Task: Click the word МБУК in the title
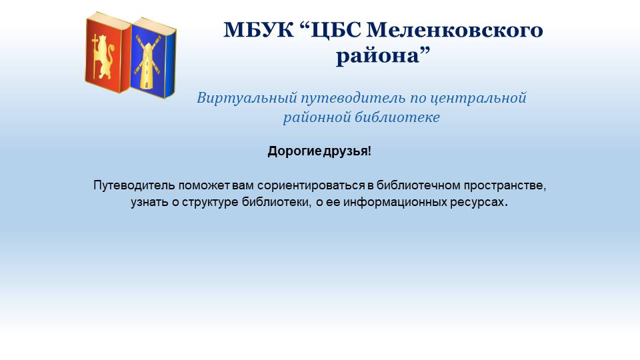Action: pos(259,30)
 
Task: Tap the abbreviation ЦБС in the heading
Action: pos(335,31)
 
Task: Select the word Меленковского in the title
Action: pos(455,30)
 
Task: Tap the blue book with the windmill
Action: pos(153,58)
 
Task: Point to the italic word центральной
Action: pos(479,99)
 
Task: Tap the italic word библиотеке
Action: pos(397,117)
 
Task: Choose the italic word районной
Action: pos(317,117)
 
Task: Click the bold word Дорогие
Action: pos(294,151)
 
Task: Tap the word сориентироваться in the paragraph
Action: pos(311,185)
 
